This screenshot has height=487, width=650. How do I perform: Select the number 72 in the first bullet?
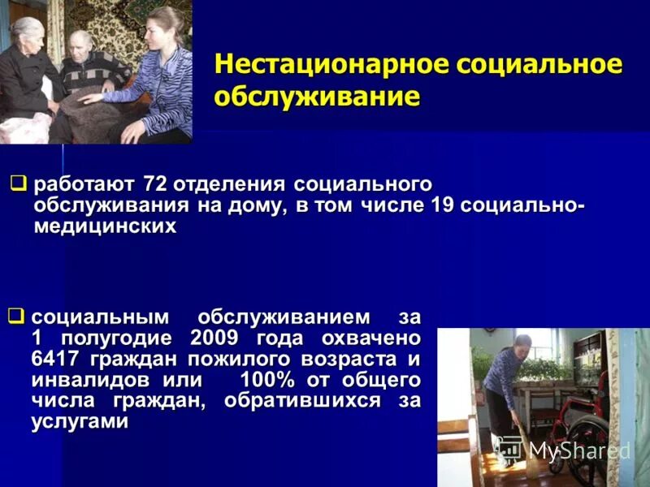pos(154,184)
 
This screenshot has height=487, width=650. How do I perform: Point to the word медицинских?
pos(106,226)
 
